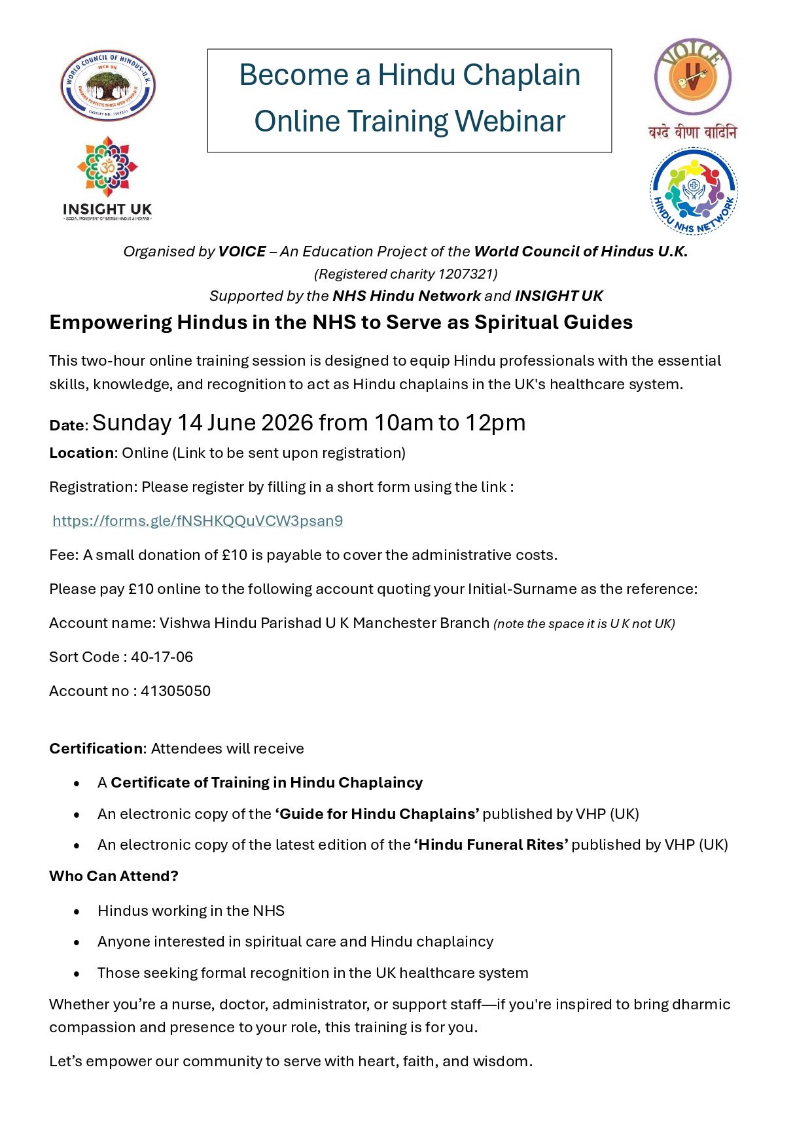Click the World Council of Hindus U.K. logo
[x=108, y=86]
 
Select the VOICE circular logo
[x=693, y=77]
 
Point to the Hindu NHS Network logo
[x=694, y=191]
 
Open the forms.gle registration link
[x=198, y=521]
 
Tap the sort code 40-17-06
[x=162, y=657]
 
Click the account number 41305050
[x=175, y=691]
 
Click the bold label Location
[x=81, y=453]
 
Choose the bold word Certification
[x=96, y=748]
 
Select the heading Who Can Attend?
[x=114, y=876]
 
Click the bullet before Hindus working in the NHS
[x=77, y=911]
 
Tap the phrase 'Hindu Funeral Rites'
[x=491, y=844]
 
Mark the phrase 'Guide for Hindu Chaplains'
[x=377, y=814]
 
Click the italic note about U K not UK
[x=584, y=623]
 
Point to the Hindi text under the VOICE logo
[x=692, y=133]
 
